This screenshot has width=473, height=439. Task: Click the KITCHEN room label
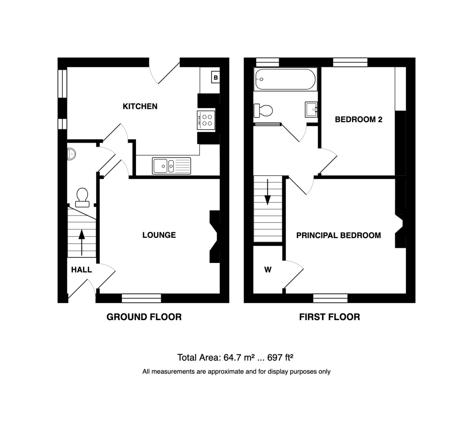[140, 106]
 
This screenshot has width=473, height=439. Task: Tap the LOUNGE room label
[159, 235]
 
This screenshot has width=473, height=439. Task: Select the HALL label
[82, 270]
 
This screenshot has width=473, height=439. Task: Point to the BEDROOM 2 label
[358, 119]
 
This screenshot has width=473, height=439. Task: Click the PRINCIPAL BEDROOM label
[339, 235]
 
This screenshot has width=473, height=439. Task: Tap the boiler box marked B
[216, 78]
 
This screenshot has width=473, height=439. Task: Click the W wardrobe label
[268, 270]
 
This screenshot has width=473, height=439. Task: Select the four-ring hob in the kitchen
[206, 120]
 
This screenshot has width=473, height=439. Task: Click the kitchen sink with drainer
[171, 166]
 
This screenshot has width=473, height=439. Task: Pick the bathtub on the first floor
[285, 79]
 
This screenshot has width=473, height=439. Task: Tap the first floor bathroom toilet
[263, 111]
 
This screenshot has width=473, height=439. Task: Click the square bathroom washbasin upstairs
[311, 110]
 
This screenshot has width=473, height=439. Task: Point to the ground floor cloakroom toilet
[82, 198]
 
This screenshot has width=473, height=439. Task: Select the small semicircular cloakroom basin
[71, 154]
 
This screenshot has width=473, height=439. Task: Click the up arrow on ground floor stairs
[82, 243]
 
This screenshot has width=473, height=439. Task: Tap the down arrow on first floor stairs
[268, 192]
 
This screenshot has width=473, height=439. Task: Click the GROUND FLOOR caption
[144, 317]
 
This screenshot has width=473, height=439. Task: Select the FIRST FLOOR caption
[330, 317]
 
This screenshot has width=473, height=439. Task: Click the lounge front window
[141, 298]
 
